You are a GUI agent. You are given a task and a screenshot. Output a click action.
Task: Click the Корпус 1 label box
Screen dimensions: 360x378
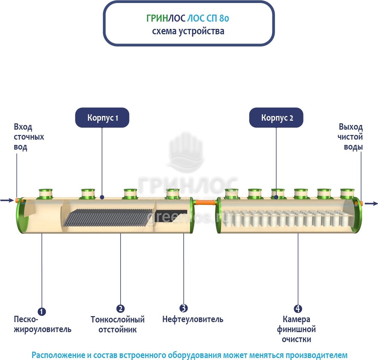coord(102,118)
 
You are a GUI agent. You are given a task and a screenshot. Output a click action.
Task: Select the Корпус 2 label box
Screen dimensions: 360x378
coord(276,118)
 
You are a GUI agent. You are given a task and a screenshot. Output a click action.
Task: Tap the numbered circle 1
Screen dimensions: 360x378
coord(42,311)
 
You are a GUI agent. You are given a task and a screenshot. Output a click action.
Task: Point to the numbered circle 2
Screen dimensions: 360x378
coord(120,308)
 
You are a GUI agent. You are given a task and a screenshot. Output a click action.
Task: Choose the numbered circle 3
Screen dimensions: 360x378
coord(184,308)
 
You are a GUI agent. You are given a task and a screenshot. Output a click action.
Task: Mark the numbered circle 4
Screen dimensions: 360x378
coord(298,308)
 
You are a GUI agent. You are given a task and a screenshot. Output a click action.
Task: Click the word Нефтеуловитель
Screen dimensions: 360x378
coord(193,319)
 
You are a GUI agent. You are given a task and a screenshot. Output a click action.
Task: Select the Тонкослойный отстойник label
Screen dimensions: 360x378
coord(118,324)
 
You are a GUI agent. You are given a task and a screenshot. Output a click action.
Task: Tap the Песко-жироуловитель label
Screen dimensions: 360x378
coord(43,324)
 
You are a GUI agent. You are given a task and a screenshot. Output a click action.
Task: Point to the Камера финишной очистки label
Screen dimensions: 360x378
coord(296,329)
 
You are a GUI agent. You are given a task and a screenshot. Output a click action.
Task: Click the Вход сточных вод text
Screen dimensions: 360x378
coord(29,137)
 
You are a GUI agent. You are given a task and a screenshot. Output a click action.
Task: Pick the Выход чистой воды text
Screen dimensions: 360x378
coord(350,137)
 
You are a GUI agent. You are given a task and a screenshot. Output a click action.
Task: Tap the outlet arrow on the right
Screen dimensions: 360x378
coord(371,203)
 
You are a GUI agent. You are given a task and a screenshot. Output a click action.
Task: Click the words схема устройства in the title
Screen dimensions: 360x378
coord(188,31)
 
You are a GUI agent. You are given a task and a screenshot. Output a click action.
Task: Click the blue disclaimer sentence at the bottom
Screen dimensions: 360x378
coord(189,355)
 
